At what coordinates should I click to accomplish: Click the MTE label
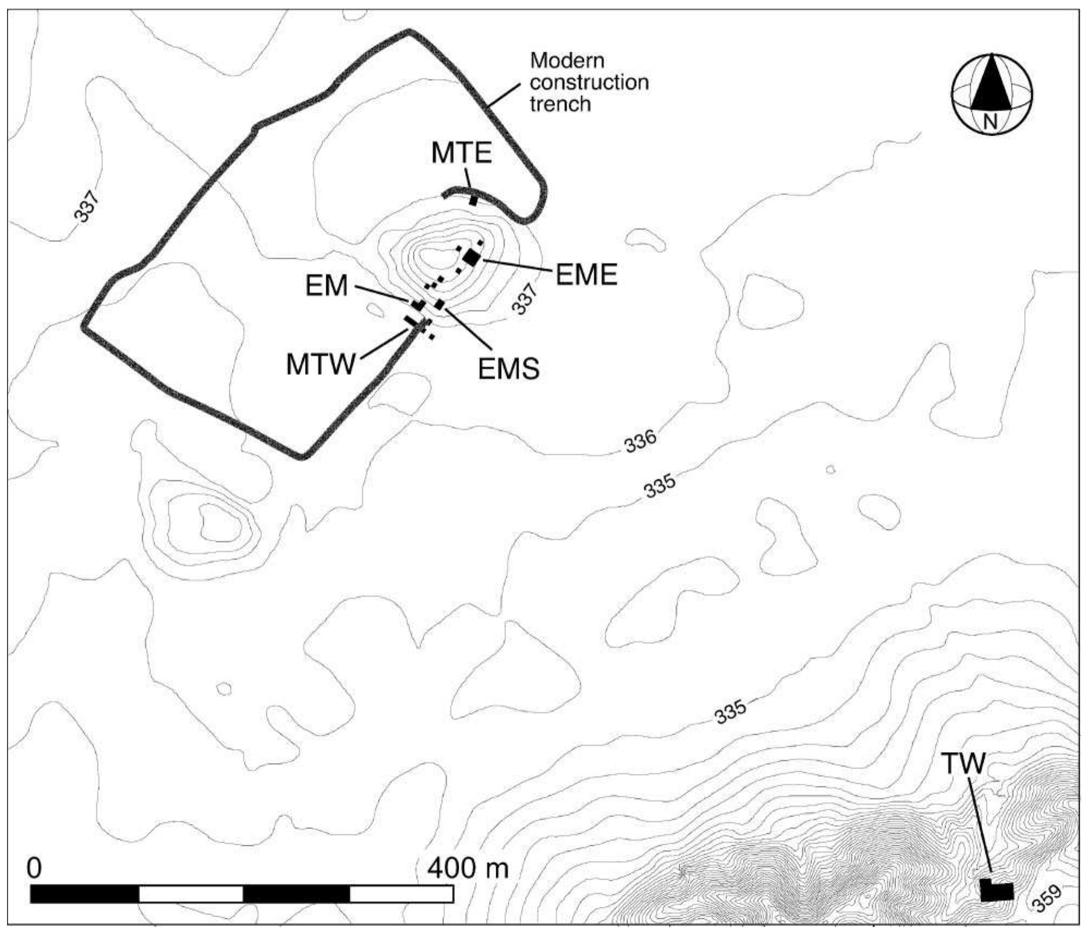[x=461, y=154]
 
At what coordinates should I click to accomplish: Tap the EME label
[x=586, y=275]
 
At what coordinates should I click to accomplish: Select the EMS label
[x=509, y=369]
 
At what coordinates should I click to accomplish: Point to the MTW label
[x=320, y=364]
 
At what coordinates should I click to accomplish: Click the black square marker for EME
[x=471, y=257]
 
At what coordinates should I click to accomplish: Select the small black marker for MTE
[x=473, y=201]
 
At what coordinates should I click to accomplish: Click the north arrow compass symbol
[x=991, y=93]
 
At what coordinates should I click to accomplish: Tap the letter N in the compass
[x=990, y=122]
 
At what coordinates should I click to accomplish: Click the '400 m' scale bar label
[x=468, y=868]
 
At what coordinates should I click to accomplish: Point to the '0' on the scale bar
[x=34, y=868]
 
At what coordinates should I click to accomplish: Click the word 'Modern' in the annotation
[x=567, y=60]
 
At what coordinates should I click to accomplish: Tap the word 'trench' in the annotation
[x=560, y=104]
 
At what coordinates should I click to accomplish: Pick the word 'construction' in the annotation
[x=589, y=82]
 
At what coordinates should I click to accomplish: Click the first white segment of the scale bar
[x=191, y=894]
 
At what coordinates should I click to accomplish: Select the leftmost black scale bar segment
[x=84, y=894]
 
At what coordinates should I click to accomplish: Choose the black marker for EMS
[x=439, y=304]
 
